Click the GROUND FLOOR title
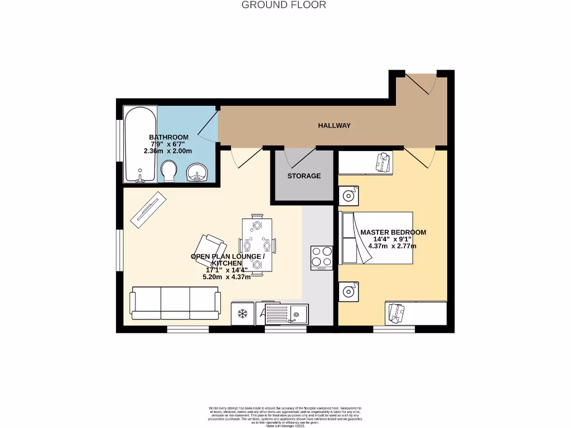[x=284, y=5]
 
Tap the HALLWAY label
[x=335, y=125]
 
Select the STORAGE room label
[x=304, y=176]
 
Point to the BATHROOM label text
[x=168, y=137]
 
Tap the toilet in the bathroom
[x=168, y=171]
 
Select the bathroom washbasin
[x=196, y=172]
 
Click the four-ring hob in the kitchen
[x=322, y=258]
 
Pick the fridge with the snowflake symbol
[x=243, y=314]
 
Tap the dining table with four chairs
[x=257, y=245]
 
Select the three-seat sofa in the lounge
[x=175, y=303]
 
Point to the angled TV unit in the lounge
[x=148, y=209]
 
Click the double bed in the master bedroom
[x=377, y=237]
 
